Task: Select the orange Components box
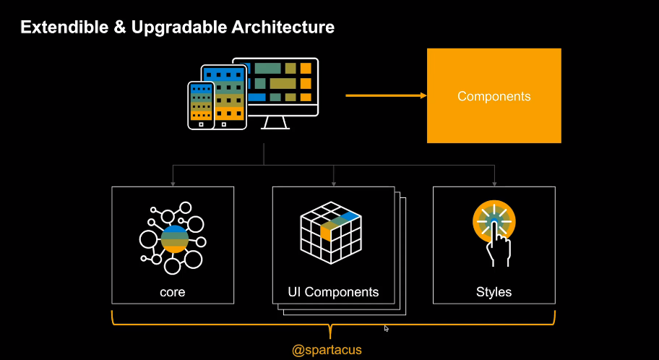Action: pyautogui.click(x=494, y=95)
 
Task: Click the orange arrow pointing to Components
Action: pyautogui.click(x=386, y=95)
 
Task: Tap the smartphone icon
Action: pyautogui.click(x=201, y=105)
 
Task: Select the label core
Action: pyautogui.click(x=173, y=292)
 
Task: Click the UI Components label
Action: pyautogui.click(x=333, y=292)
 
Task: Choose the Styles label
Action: pyautogui.click(x=494, y=292)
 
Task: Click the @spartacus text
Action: pyautogui.click(x=327, y=350)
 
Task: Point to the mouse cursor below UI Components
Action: pyautogui.click(x=387, y=328)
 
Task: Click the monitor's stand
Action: pyautogui.click(x=275, y=122)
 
